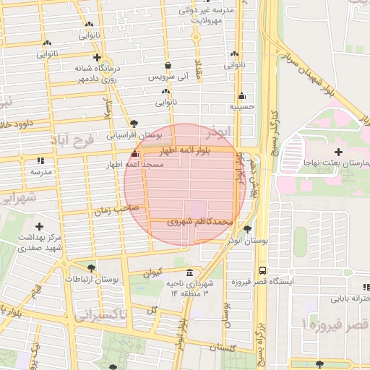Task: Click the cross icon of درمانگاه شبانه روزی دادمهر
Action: (97, 56)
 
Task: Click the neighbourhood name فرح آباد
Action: (72, 138)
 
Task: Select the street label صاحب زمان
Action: (110, 210)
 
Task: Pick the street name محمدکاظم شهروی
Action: (199, 223)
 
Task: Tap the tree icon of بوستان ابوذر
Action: (248, 228)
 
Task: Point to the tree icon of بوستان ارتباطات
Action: (91, 267)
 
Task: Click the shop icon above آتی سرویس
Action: (168, 64)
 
